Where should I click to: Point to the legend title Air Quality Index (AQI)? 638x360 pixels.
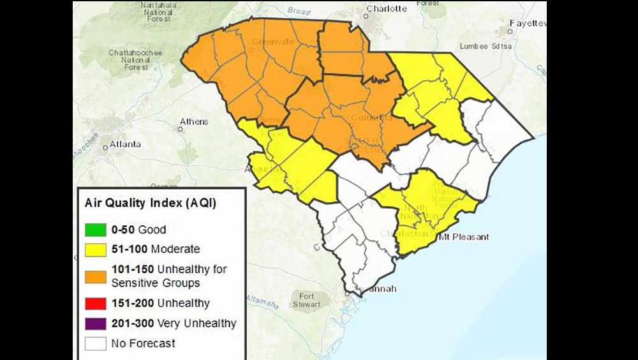(151, 204)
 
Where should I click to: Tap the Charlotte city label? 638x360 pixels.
(387, 8)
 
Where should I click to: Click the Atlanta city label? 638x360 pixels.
(125, 144)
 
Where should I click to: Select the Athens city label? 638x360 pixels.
(193, 121)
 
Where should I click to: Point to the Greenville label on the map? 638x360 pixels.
(272, 42)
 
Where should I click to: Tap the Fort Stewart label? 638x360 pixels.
(307, 300)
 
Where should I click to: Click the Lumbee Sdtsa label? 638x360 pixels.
(487, 47)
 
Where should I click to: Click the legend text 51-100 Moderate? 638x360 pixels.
(156, 249)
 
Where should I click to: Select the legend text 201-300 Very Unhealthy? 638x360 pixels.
(174, 323)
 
